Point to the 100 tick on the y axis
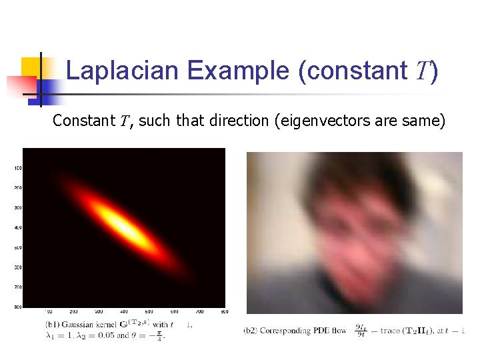pyautogui.click(x=18, y=168)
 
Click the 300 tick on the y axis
pyautogui.click(x=18, y=208)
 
